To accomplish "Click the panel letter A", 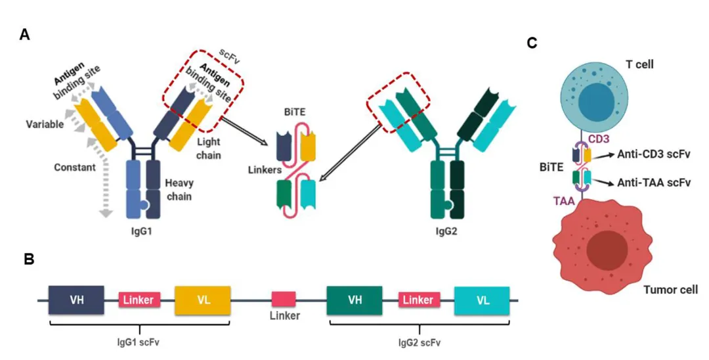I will [25, 35].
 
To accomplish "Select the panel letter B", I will [29, 259].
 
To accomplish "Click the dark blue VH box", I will [76, 300].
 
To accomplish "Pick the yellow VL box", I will [202, 300].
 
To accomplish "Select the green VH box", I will [355, 300].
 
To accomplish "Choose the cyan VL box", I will [483, 300].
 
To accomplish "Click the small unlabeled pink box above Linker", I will [284, 299].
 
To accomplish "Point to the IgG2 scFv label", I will [419, 342].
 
